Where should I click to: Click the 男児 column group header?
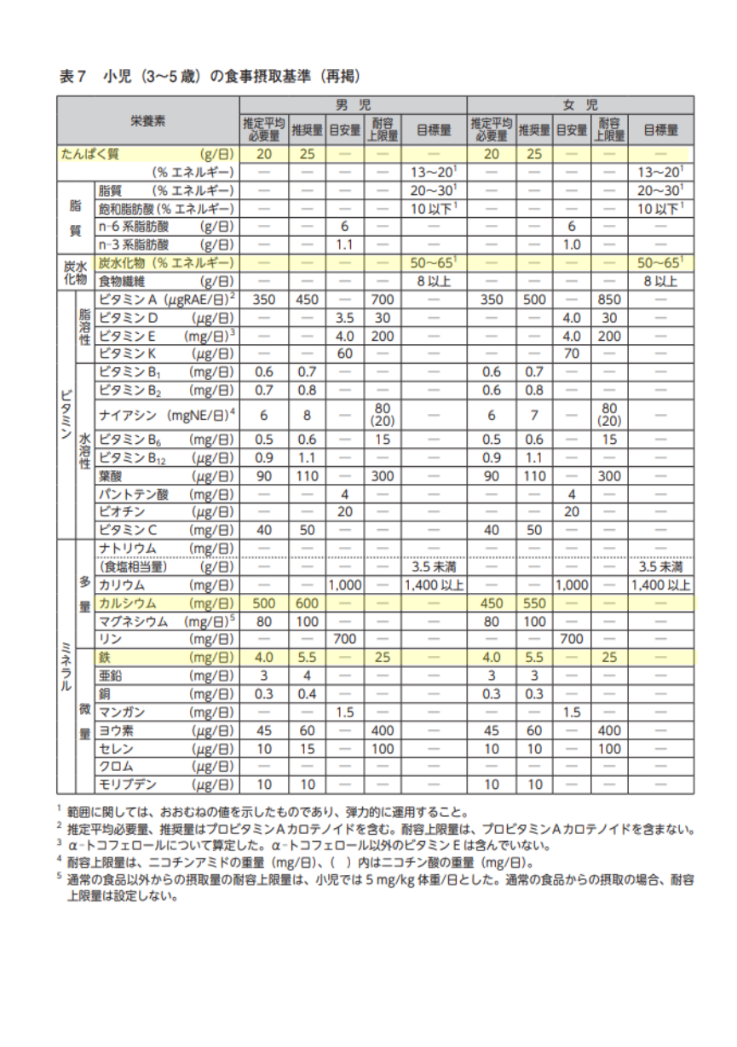(352, 106)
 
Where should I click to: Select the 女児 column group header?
(579, 106)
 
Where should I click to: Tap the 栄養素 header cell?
(148, 121)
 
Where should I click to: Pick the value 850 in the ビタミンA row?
(609, 299)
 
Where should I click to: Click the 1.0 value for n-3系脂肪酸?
(571, 244)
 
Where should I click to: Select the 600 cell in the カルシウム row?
(307, 601)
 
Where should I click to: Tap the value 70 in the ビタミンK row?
(571, 353)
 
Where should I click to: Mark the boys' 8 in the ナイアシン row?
(307, 415)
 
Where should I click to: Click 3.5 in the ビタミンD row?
(345, 317)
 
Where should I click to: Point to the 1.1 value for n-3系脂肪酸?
(345, 244)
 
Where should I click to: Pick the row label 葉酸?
(110, 475)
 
